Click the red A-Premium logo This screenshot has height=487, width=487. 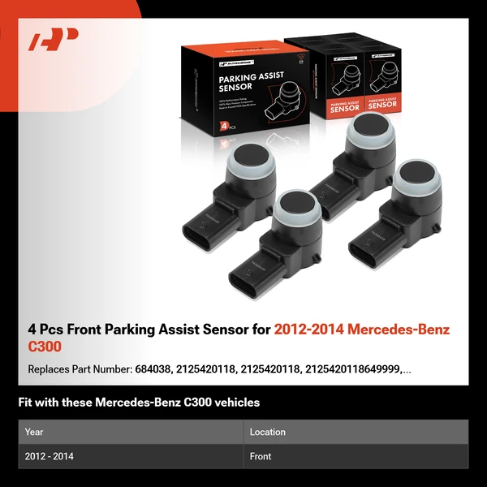[x=54, y=40]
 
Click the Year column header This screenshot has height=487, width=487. [x=34, y=432]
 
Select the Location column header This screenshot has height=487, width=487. [x=267, y=432]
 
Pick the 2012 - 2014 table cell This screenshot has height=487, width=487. [x=50, y=456]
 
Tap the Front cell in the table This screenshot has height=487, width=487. [x=261, y=456]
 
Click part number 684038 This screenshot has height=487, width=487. [x=152, y=369]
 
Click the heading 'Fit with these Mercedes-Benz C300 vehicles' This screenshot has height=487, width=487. [x=139, y=403]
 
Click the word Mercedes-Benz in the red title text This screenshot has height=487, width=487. [x=396, y=330]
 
